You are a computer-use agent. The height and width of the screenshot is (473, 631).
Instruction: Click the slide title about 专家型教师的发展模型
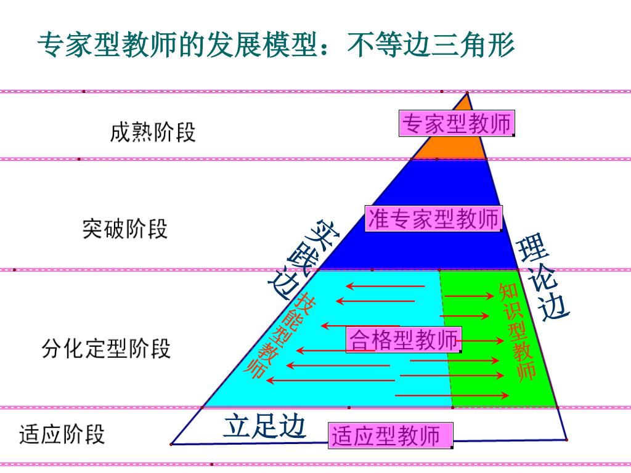275,46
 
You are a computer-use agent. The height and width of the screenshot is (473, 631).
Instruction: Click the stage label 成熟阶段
153,132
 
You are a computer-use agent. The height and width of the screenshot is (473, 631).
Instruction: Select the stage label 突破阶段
125,229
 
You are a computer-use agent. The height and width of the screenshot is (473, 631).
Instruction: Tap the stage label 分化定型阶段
106,349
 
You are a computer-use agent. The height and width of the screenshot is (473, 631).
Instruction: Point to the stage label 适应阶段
62,434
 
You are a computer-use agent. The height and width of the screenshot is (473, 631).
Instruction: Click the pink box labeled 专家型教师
457,124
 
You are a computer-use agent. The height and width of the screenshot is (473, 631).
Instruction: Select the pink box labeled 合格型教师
404,339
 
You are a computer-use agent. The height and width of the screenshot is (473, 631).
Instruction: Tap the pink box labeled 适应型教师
391,435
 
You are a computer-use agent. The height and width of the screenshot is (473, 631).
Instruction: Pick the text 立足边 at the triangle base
264,426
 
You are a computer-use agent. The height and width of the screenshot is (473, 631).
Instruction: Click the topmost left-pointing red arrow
385,286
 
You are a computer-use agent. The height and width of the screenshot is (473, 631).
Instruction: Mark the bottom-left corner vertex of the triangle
172,443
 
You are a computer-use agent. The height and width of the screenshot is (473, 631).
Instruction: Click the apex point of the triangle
467,93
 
